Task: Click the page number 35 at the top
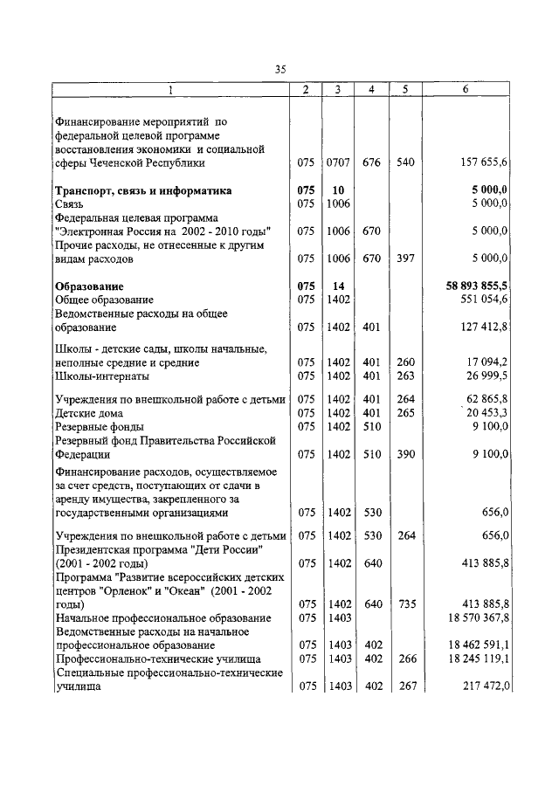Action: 280,70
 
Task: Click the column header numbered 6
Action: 465,90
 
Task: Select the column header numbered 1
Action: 170,90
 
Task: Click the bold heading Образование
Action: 89,286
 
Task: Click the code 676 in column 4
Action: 370,162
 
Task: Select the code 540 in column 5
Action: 404,162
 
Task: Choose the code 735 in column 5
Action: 404,603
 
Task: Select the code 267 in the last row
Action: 404,687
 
